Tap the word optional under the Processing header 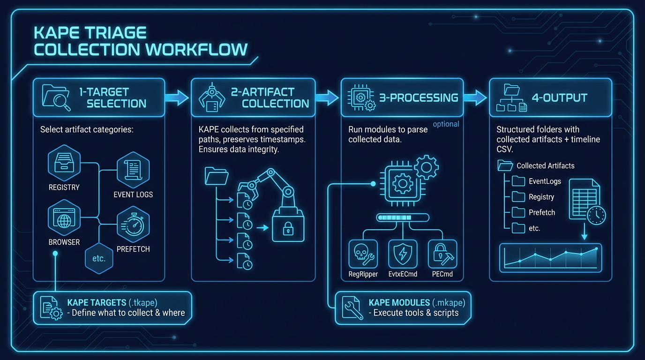[446, 124]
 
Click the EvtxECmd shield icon [403, 254]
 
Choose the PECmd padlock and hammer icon [442, 254]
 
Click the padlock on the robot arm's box [287, 228]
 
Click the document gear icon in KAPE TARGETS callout [50, 307]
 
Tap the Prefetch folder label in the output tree [542, 212]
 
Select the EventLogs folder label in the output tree [545, 181]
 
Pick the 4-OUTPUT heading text [559, 98]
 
